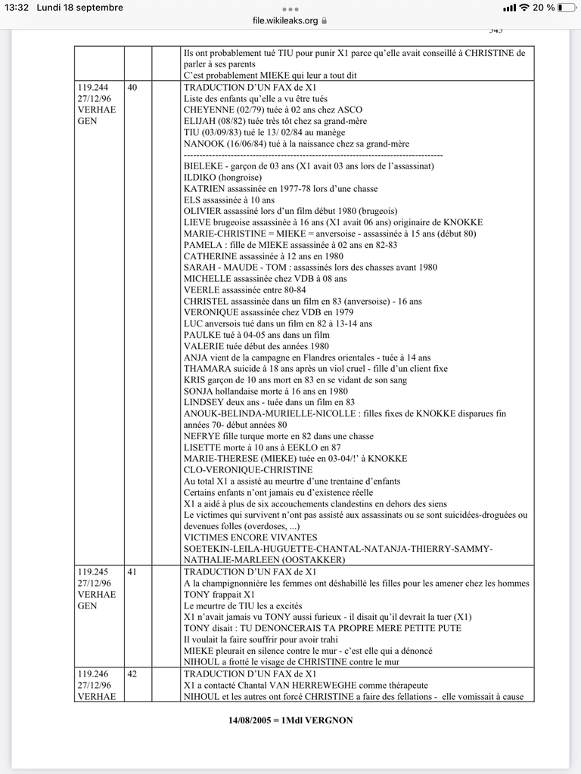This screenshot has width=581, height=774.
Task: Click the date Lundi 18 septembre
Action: (x=79, y=8)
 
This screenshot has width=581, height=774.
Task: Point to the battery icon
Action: (x=565, y=8)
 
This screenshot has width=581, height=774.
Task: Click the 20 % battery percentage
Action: (x=543, y=8)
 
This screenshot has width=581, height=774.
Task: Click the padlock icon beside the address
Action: (x=325, y=21)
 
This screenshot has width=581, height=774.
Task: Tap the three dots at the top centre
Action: (x=290, y=9)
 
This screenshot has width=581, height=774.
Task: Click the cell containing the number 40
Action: (x=132, y=88)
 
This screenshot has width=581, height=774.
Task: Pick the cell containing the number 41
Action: (x=132, y=572)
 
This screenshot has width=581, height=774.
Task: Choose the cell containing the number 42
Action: (x=132, y=674)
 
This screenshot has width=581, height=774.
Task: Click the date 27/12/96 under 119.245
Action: (x=95, y=584)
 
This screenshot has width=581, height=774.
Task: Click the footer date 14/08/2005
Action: (x=254, y=720)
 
